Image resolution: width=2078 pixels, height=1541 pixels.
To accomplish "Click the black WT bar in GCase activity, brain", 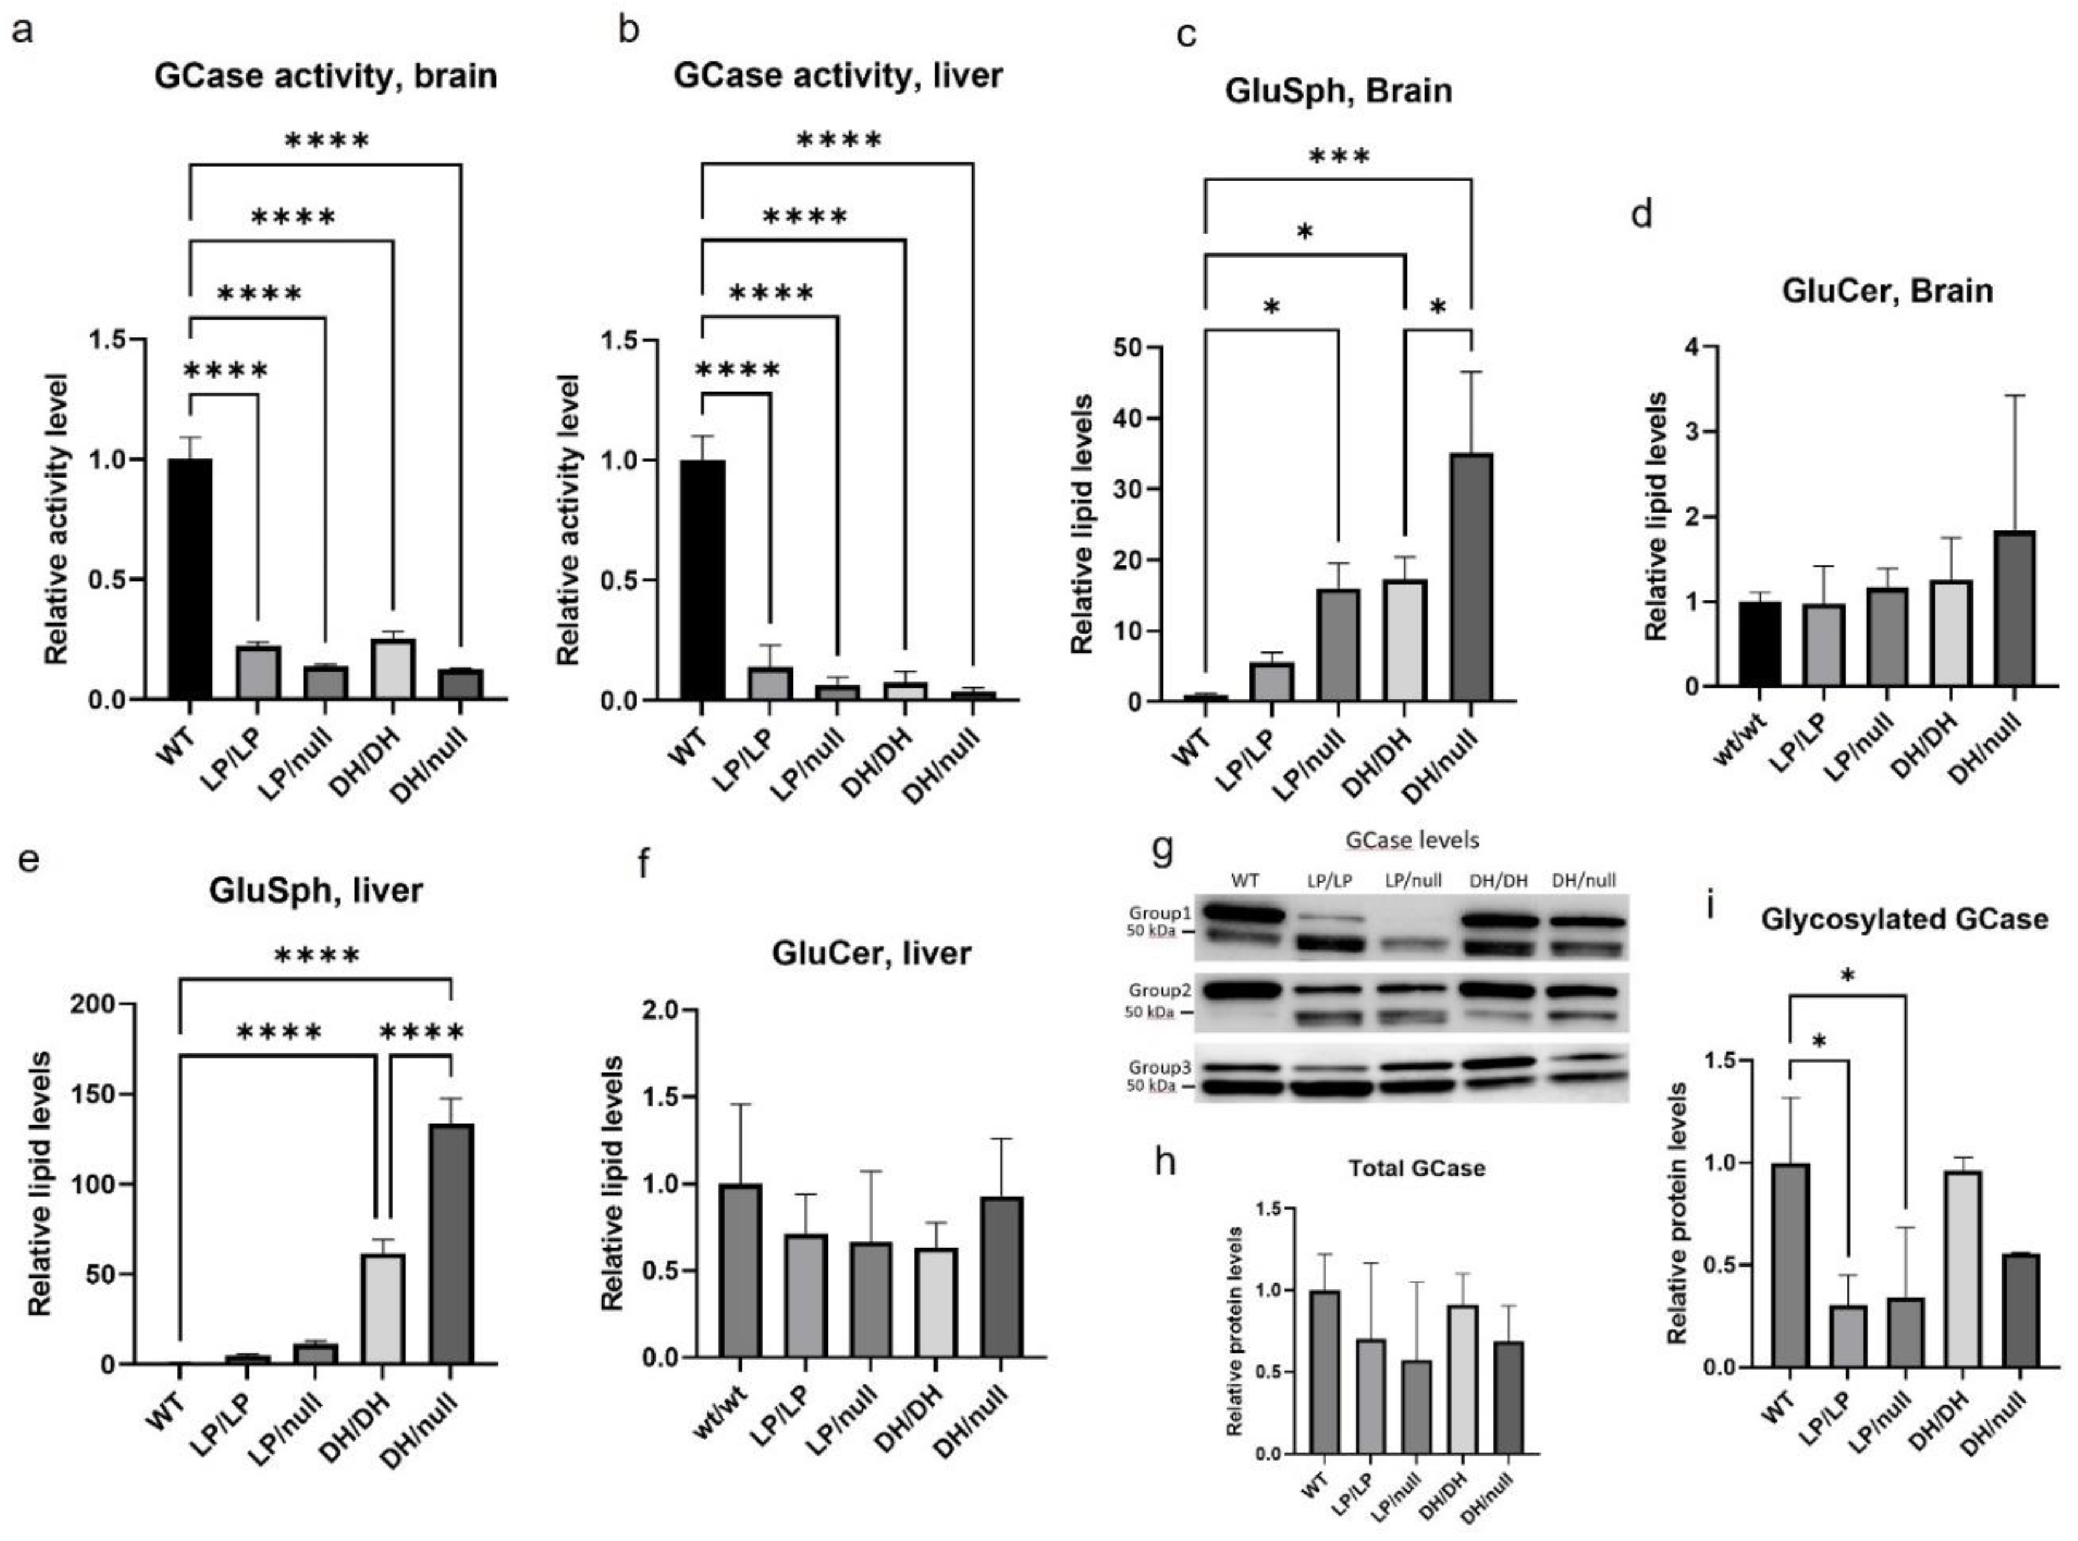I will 190,578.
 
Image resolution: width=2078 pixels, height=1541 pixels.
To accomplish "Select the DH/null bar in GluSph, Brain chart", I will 1471,578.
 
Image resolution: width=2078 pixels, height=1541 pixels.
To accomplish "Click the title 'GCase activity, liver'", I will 838,75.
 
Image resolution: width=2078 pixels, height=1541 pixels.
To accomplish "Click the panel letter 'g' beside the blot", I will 1162,851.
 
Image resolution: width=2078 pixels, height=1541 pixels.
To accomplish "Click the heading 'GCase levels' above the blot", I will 1412,840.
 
